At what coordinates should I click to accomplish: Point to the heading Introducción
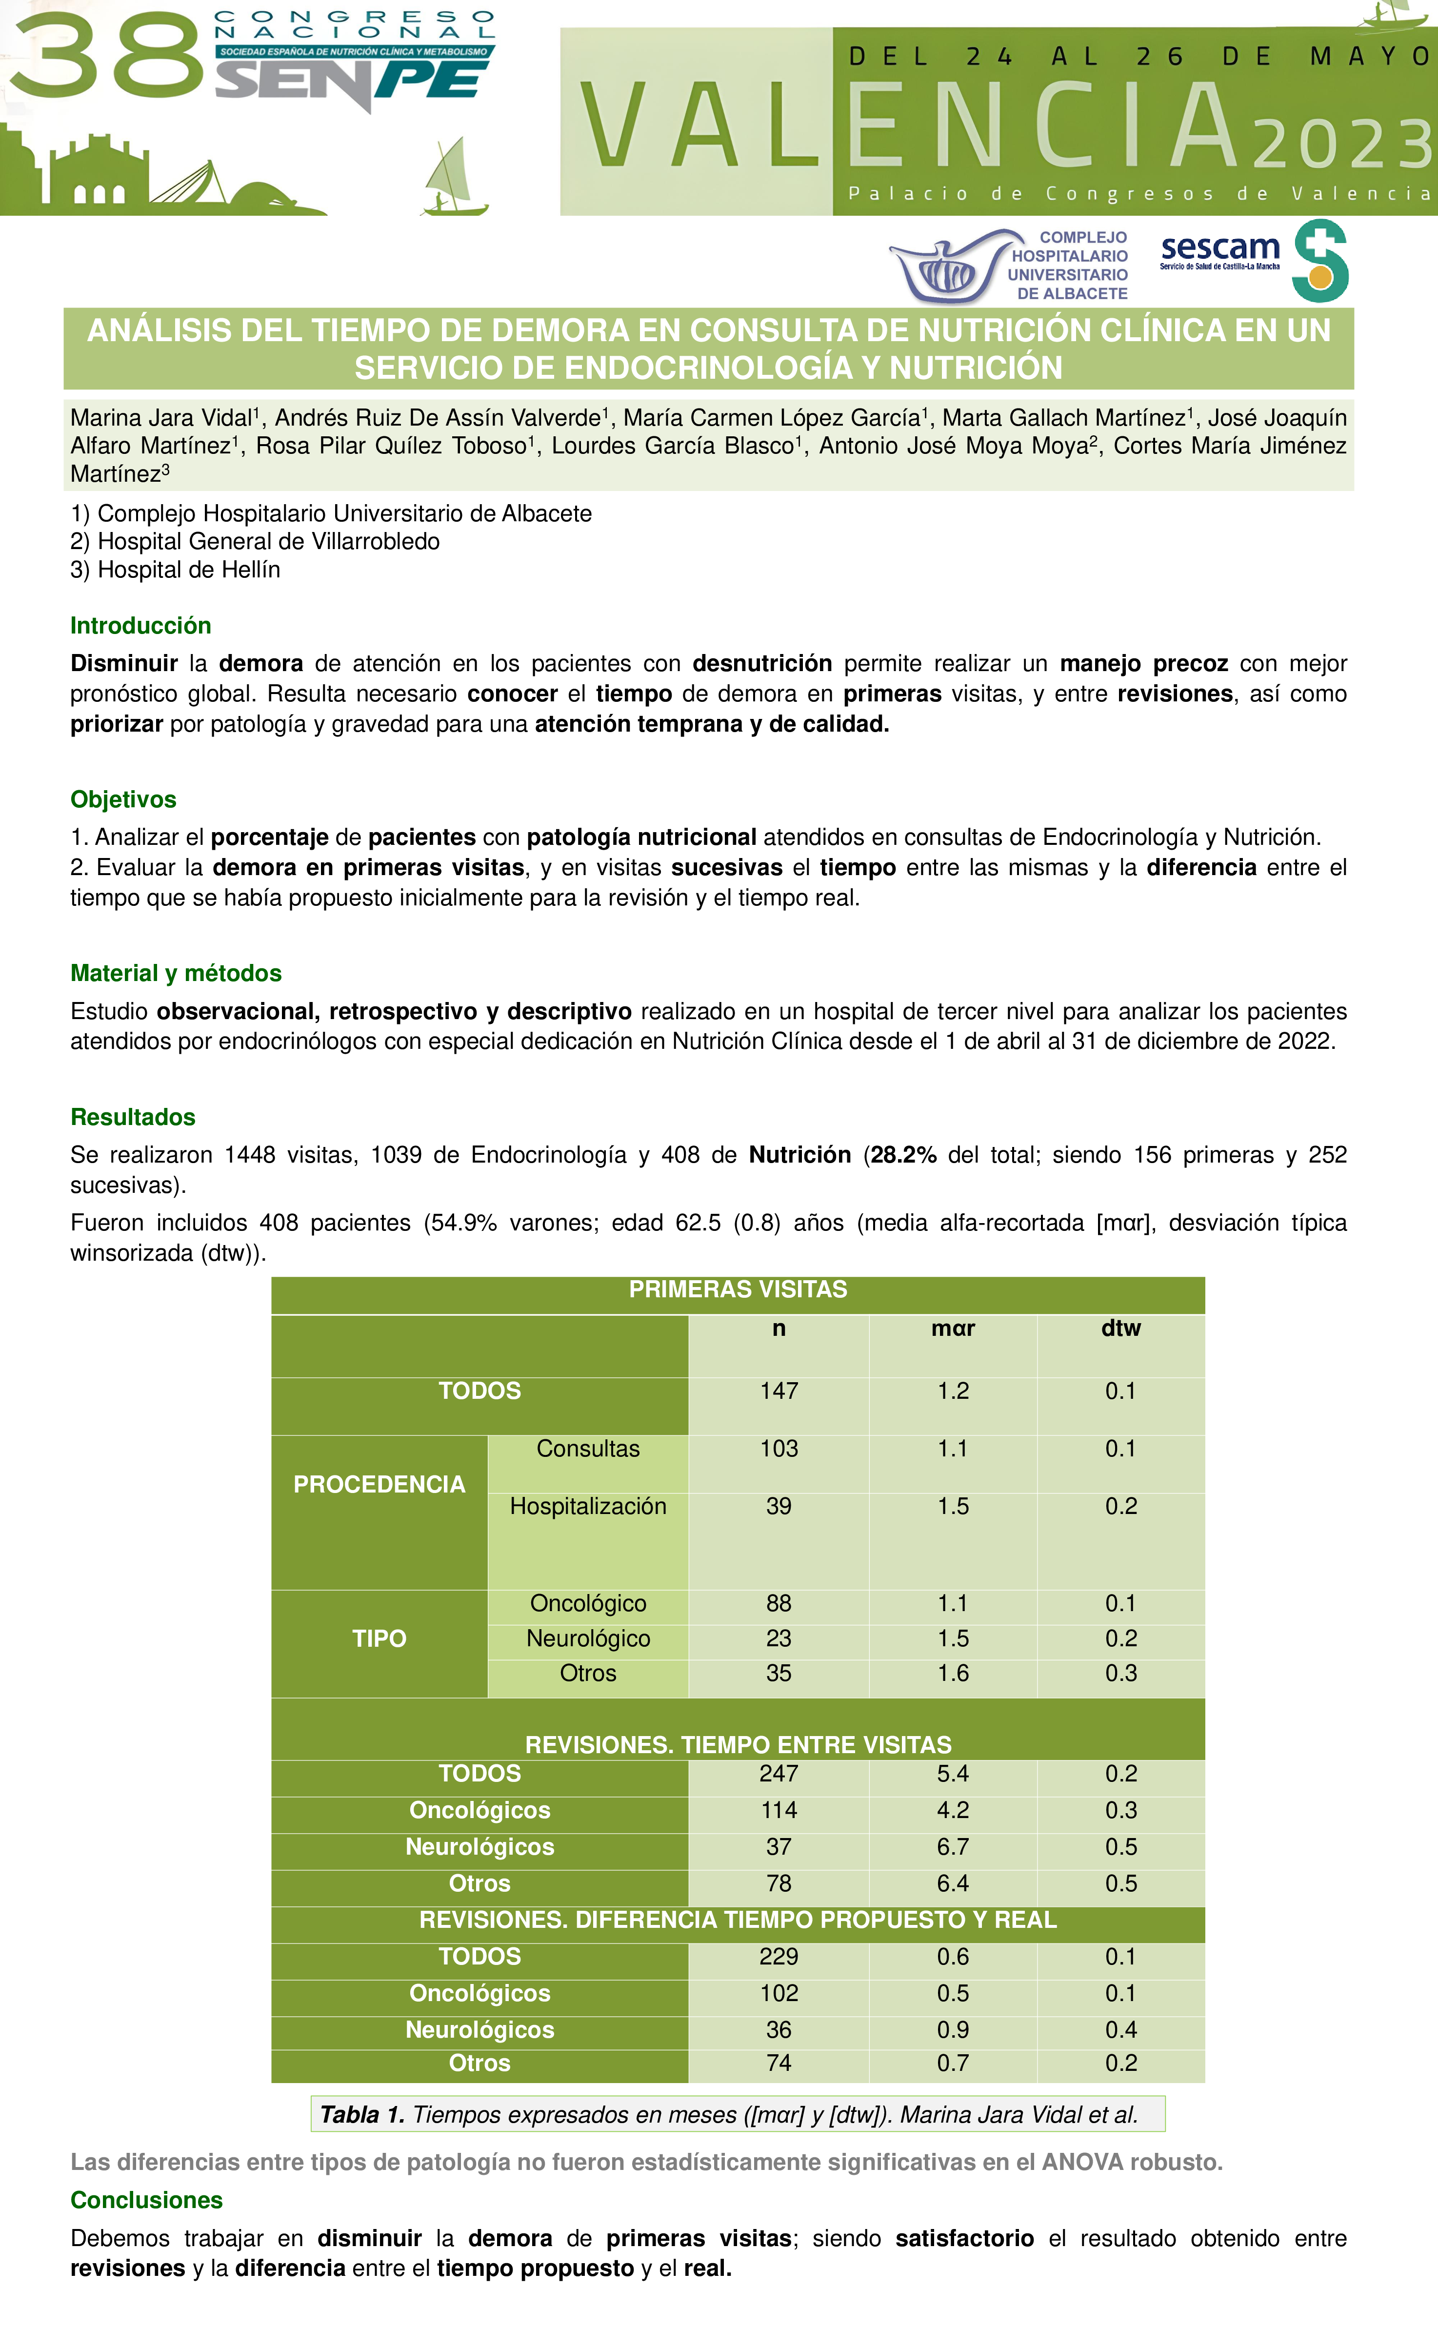[140, 625]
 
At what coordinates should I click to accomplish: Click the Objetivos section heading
[123, 799]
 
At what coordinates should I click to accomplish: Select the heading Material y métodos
[176, 973]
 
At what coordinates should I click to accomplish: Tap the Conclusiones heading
[146, 2199]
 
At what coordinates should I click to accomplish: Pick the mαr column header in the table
[952, 1328]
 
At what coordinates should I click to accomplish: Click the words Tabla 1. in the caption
[361, 2114]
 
